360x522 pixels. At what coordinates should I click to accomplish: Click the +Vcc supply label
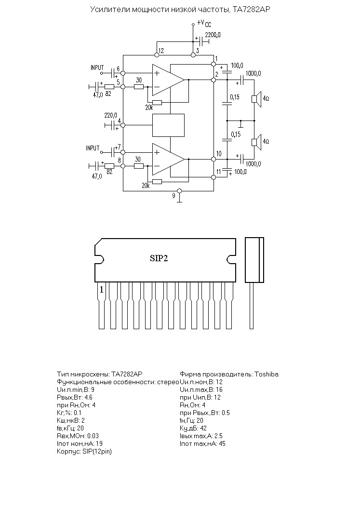204,23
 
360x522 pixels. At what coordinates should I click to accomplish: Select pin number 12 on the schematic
161,51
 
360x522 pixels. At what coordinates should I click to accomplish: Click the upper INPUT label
97,67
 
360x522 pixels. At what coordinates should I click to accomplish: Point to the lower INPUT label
93,148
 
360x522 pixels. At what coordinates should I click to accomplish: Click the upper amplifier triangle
168,80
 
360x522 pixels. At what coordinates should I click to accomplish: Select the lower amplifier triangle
168,160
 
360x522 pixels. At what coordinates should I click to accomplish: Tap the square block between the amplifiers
168,125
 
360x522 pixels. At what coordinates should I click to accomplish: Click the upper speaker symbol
256,99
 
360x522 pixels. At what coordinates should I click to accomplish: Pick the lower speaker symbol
256,142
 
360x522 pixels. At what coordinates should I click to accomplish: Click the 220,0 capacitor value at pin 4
110,116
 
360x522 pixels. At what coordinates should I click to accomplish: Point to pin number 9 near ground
173,196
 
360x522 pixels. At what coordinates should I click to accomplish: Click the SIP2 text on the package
159,258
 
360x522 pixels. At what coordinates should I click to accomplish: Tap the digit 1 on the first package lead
102,290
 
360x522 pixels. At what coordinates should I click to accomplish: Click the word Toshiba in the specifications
267,374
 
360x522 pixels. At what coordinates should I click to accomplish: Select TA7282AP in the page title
249,10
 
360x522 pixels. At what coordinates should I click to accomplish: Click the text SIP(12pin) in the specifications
97,452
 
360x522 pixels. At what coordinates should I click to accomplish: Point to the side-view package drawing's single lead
252,306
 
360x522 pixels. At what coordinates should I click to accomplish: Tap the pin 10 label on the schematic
219,154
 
